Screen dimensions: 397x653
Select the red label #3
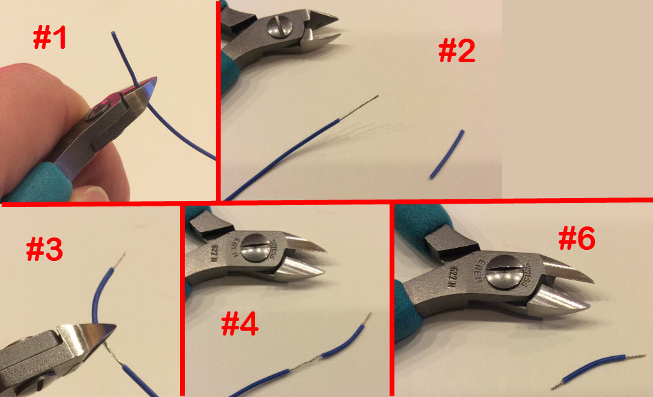pyautogui.click(x=44, y=249)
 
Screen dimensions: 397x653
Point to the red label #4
pyautogui.click(x=239, y=322)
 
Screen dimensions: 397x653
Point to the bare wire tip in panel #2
pyautogui.click(x=359, y=106)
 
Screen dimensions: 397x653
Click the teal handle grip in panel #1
pyautogui.click(x=52, y=179)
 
